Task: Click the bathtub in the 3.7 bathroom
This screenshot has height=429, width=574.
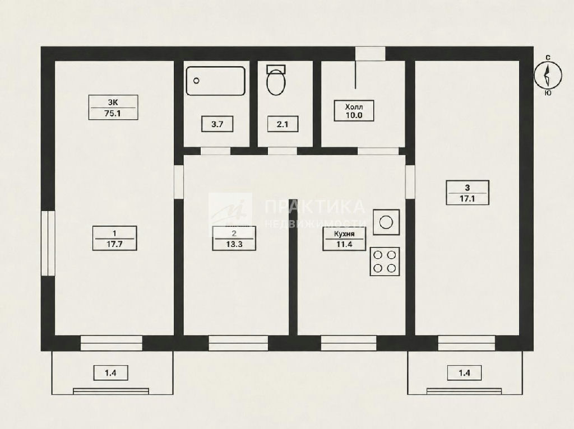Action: pos(216,81)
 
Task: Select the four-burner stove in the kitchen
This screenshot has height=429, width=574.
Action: pos(385,262)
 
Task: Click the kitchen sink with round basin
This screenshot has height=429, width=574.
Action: pos(386,222)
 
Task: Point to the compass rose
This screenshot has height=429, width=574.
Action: pos(548,75)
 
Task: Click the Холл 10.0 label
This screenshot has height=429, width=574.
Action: pos(354,111)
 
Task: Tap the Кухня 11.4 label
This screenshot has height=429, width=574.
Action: pos(344,239)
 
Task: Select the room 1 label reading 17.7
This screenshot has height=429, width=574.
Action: pos(114,239)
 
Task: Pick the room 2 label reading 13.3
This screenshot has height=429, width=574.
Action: pos(234,239)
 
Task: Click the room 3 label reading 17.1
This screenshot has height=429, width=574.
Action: pos(467,193)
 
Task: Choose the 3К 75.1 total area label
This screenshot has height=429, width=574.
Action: pos(113,108)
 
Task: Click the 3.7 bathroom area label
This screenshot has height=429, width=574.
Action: pos(217,124)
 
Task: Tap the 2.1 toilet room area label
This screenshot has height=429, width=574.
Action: pos(283,124)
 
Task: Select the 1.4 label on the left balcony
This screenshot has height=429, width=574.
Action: pos(110,373)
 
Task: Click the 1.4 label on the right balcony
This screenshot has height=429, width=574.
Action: pos(464,373)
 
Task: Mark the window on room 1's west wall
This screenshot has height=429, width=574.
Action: pos(48,243)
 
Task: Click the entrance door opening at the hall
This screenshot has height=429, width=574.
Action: pos(370,54)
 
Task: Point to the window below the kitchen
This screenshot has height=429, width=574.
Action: pos(349,343)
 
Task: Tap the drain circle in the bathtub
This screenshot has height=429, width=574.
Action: pos(196,81)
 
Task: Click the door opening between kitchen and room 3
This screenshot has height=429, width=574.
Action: pos(410,182)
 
